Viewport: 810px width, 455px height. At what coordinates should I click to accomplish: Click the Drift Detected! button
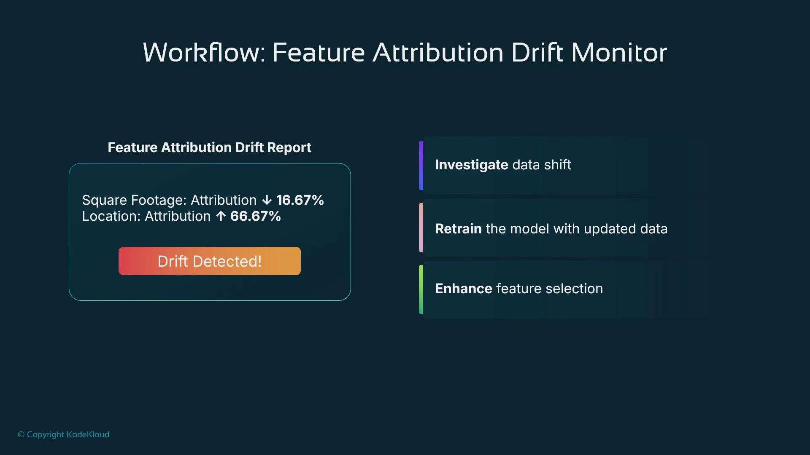click(210, 261)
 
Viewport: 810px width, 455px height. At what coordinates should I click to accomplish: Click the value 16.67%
click(300, 200)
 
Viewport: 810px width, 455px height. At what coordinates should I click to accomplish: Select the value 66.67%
click(255, 216)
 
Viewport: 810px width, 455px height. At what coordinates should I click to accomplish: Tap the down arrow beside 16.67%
click(267, 200)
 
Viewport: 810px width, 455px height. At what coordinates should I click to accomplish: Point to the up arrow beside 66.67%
click(221, 216)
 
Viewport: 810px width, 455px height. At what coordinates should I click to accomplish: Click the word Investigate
click(471, 165)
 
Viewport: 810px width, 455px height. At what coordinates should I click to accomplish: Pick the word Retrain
click(458, 229)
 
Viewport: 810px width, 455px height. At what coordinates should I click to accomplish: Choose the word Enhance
click(463, 289)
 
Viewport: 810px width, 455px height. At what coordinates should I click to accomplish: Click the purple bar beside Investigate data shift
click(421, 166)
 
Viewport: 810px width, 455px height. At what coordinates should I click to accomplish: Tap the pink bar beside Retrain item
click(421, 227)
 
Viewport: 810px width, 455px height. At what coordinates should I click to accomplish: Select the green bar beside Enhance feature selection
click(421, 289)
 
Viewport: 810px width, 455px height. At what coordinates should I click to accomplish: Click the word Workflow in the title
click(204, 53)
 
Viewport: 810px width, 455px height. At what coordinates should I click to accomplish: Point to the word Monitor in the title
click(619, 53)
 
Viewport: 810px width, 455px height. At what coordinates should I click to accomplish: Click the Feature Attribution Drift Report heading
click(209, 147)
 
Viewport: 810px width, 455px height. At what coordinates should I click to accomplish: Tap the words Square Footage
click(134, 200)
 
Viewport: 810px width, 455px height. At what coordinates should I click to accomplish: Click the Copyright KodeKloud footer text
click(64, 434)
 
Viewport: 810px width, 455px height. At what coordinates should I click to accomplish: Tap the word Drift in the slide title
click(537, 53)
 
